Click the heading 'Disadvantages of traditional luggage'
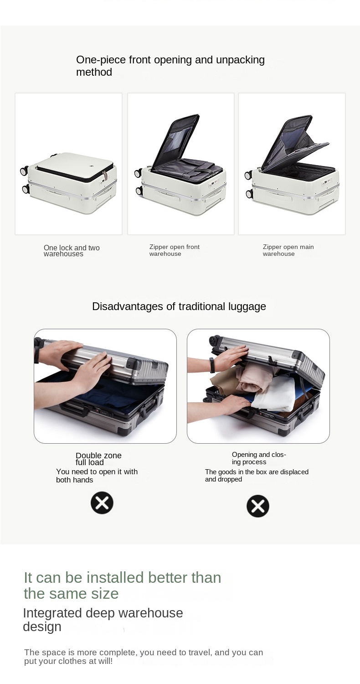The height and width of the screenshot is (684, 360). [x=179, y=306]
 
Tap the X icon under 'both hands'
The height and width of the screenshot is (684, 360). [x=102, y=503]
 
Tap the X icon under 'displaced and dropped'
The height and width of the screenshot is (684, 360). [x=258, y=506]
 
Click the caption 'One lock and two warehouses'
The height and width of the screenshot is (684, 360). [x=72, y=251]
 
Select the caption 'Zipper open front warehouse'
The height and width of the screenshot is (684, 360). [x=174, y=250]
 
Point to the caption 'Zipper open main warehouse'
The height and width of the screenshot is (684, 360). [x=288, y=250]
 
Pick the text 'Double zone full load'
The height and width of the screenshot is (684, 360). [x=98, y=459]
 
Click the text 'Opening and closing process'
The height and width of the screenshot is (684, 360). [x=259, y=458]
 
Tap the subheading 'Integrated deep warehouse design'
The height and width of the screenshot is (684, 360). [x=103, y=620]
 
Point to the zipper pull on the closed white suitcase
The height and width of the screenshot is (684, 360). [x=105, y=176]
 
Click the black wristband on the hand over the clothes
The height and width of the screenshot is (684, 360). [x=212, y=365]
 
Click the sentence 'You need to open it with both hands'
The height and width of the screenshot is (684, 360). [x=97, y=476]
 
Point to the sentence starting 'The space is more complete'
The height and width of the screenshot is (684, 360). [x=144, y=657]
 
